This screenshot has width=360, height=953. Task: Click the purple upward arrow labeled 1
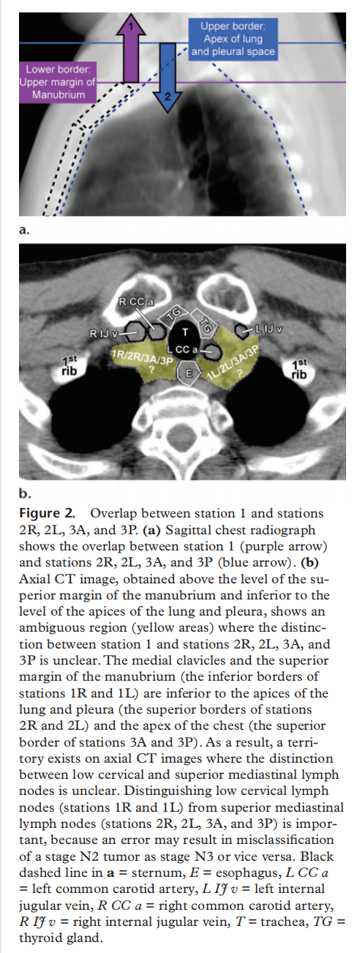point(131,49)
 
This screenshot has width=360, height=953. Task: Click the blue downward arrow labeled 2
point(168,77)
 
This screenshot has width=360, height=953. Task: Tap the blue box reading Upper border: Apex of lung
point(233,39)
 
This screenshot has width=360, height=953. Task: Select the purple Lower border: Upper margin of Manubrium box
point(58,82)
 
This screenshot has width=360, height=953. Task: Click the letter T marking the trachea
point(184,332)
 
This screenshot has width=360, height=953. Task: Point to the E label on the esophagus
point(190,373)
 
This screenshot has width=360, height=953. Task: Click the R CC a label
point(136,302)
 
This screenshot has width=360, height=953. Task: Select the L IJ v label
point(269,329)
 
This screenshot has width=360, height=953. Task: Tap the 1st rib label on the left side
point(70,367)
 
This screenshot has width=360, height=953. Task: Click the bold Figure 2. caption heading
point(47,513)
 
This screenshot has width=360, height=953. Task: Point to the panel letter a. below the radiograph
point(24,230)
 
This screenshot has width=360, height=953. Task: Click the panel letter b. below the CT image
point(25,493)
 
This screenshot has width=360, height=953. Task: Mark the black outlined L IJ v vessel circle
point(242,332)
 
